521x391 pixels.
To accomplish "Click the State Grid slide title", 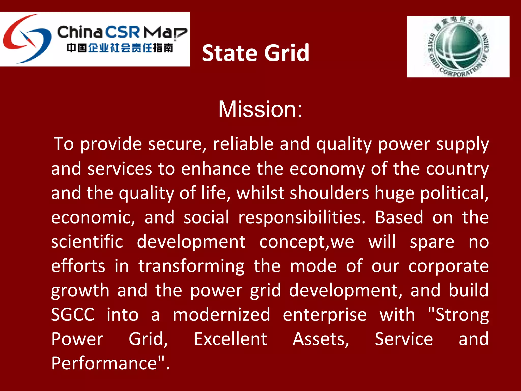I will (x=255, y=53).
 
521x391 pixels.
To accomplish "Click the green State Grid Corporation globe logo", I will (x=458, y=47).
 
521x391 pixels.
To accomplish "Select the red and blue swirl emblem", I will (x=27, y=39).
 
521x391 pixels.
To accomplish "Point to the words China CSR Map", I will (x=122, y=32).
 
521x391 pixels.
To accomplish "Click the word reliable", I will (x=243, y=144).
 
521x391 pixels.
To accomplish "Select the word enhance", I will (x=216, y=169).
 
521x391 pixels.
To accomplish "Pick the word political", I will (x=454, y=193).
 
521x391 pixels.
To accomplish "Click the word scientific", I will (x=87, y=242).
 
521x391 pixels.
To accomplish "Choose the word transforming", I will (x=192, y=266).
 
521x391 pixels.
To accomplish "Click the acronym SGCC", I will (x=73, y=315).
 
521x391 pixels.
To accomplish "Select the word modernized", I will (x=221, y=315).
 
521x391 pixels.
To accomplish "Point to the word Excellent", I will (x=230, y=339).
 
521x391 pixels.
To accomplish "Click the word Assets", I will (x=321, y=339).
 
